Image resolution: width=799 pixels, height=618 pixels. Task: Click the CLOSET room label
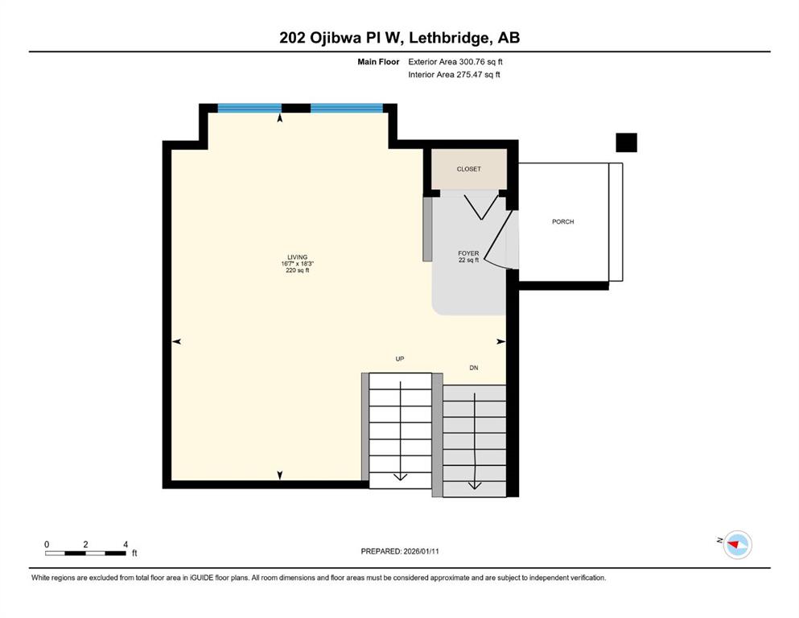tap(469, 169)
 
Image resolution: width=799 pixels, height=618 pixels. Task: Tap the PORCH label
tap(563, 221)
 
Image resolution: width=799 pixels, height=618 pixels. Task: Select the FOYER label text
tap(468, 253)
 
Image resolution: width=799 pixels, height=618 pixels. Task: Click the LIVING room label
tap(298, 257)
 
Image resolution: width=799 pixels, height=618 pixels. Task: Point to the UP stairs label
tap(400, 359)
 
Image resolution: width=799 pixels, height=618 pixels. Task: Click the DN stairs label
tap(474, 368)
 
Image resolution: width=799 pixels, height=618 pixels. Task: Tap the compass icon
tap(737, 545)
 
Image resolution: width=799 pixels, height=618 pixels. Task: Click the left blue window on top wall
tap(249, 108)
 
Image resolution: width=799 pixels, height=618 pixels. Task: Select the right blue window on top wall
tap(347, 108)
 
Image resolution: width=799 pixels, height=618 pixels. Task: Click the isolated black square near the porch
tap(626, 142)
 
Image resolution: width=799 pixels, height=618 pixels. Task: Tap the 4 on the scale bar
tap(126, 545)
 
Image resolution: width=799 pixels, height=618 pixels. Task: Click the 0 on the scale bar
tap(47, 545)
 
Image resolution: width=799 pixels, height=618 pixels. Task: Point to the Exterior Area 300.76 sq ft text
tap(455, 62)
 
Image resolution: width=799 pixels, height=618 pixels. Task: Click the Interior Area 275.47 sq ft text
tap(454, 74)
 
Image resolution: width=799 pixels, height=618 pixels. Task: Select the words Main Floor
tap(378, 62)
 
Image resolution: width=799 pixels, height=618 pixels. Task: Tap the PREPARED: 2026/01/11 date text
tap(400, 551)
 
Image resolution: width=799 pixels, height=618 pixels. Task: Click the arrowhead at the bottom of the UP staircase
tap(401, 477)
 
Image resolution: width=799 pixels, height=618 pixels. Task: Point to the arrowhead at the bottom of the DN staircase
tap(475, 486)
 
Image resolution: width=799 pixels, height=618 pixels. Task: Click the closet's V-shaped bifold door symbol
tap(481, 207)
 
